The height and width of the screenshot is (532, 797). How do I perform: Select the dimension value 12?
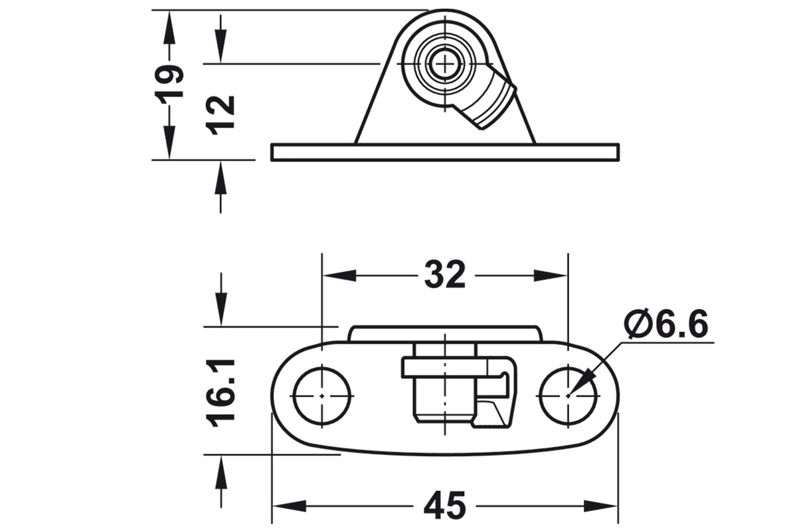220,115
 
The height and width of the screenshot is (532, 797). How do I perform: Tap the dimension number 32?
445,274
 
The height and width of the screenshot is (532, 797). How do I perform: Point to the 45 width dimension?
445,505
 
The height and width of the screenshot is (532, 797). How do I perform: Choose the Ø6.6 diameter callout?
665,324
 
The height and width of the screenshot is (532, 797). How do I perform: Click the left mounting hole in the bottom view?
322,396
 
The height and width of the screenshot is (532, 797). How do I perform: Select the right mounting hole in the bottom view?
569,396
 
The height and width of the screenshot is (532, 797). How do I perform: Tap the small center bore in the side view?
445,65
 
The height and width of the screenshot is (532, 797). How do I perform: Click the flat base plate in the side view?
445,152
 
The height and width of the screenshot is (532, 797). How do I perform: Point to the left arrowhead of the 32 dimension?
339,275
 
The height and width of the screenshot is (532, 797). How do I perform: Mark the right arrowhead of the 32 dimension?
551,275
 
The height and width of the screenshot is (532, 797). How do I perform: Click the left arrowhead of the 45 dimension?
290,506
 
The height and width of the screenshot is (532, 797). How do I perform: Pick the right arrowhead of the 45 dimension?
600,506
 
